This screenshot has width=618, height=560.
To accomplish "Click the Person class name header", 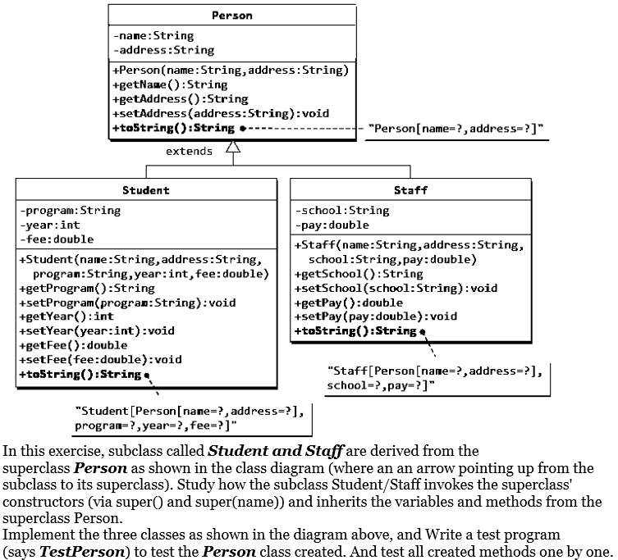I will [232, 16].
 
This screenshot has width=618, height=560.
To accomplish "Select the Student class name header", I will [146, 190].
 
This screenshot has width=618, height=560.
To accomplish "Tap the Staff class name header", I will [410, 190].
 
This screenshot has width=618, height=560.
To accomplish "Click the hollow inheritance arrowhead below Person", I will [232, 148].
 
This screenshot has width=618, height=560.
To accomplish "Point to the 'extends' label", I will [189, 151].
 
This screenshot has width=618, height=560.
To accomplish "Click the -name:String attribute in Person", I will [153, 36].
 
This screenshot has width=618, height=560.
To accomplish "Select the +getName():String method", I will [170, 84].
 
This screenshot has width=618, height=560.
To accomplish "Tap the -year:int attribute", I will [50, 225].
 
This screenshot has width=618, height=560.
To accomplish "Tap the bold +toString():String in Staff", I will [355, 331].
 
